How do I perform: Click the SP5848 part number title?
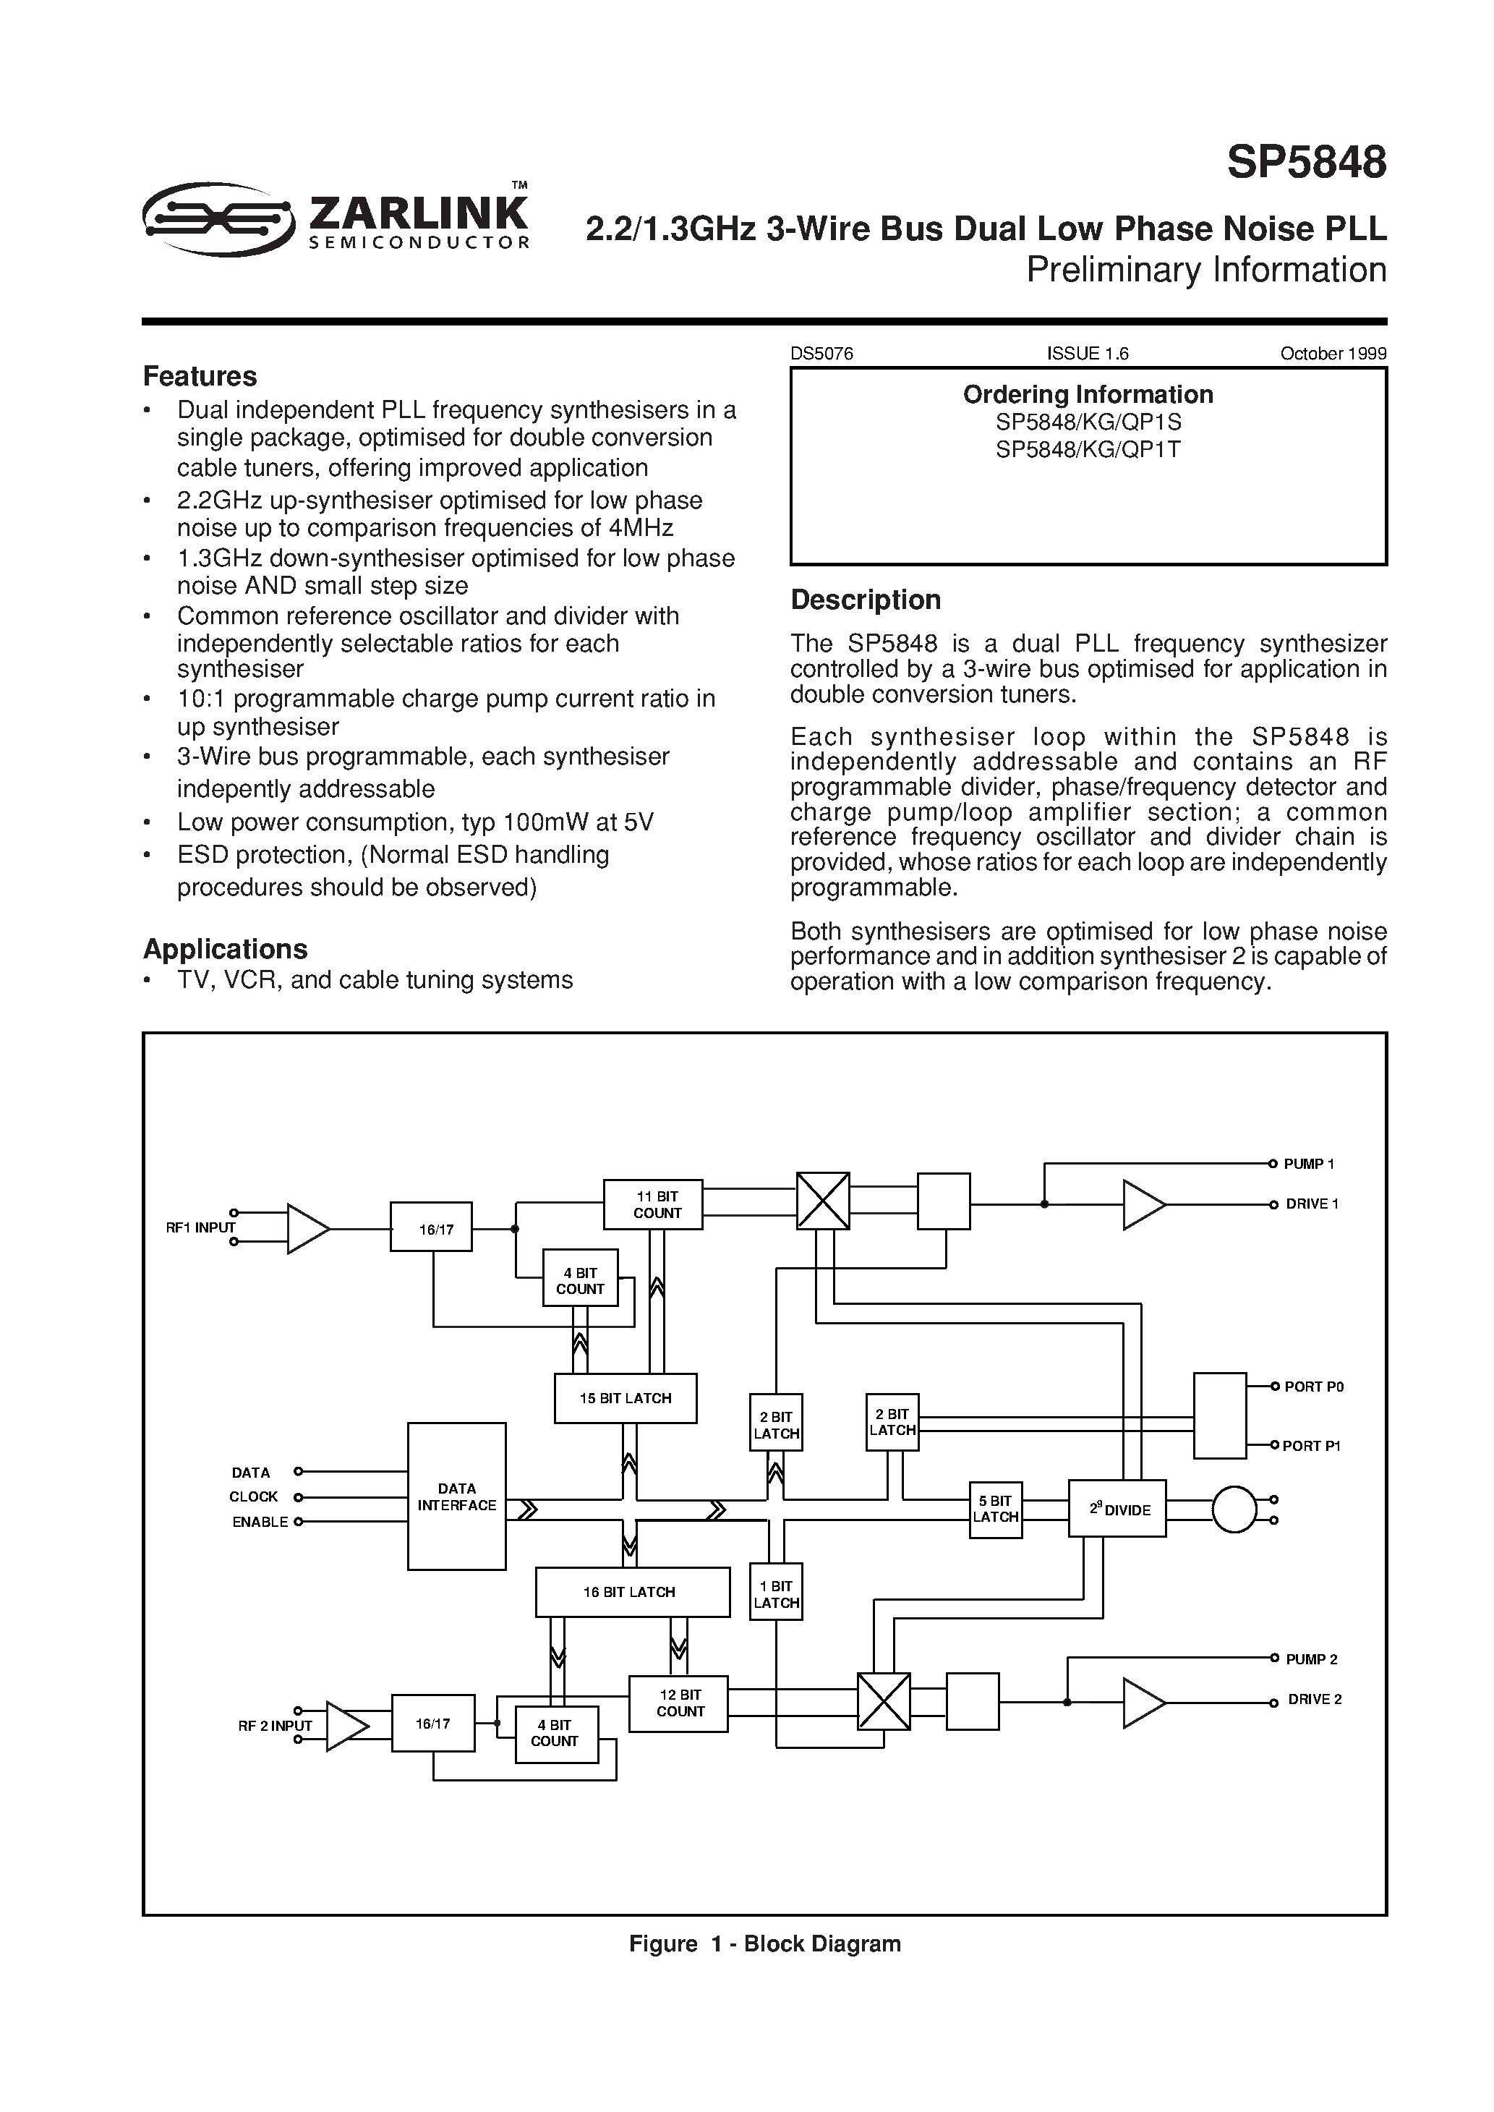tap(1305, 163)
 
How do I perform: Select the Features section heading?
tap(200, 376)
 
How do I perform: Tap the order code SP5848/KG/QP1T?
tap(1088, 450)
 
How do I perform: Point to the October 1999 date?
tap(1333, 353)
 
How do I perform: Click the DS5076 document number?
tap(821, 353)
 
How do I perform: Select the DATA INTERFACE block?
tap(456, 1496)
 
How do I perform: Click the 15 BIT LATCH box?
tap(626, 1398)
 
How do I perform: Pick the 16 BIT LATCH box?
tap(632, 1591)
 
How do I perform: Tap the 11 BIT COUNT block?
tap(653, 1204)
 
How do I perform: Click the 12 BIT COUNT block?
tap(679, 1703)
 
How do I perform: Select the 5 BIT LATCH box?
tap(995, 1510)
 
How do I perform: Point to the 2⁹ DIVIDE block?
tap(1117, 1509)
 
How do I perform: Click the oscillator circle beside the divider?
tap(1234, 1510)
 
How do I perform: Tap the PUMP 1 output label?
tap(1308, 1164)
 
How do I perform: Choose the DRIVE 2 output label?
tap(1314, 1699)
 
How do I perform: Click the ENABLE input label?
tap(260, 1523)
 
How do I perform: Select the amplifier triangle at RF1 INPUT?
tap(307, 1228)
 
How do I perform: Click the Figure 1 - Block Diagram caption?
tap(764, 1943)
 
